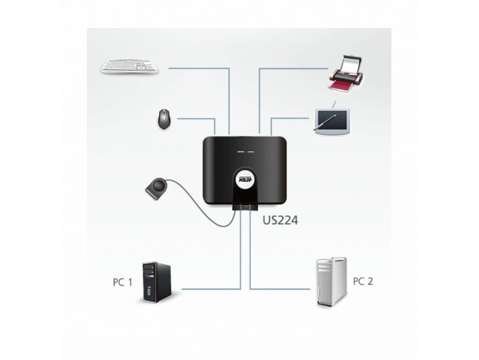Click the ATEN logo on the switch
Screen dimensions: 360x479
click(245, 178)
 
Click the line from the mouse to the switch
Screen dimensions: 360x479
click(195, 117)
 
